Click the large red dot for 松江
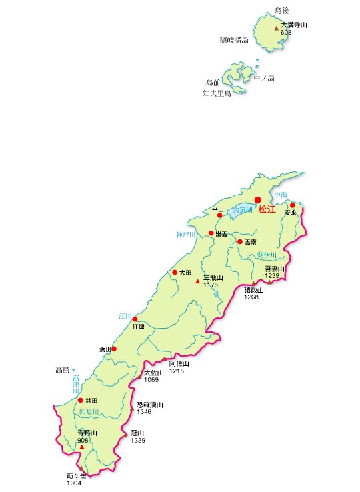click(258, 200)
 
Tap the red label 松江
click(267, 210)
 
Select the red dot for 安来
click(292, 205)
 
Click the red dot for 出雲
click(211, 233)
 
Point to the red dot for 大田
click(175, 272)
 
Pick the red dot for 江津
click(135, 319)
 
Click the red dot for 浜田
click(114, 349)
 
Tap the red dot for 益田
click(81, 401)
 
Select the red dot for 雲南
click(240, 241)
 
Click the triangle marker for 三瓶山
click(197, 282)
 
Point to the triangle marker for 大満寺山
click(277, 28)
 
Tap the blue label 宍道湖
click(243, 210)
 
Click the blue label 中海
click(280, 195)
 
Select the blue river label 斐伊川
click(267, 255)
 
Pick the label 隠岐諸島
click(234, 40)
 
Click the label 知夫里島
click(217, 93)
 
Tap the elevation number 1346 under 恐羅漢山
click(144, 412)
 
